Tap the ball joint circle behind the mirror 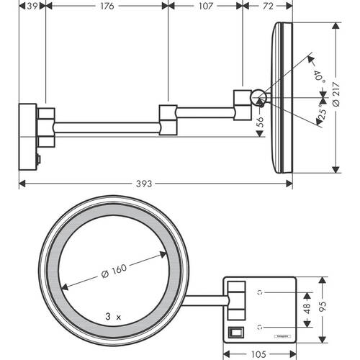pyautogui.click(x=257, y=95)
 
